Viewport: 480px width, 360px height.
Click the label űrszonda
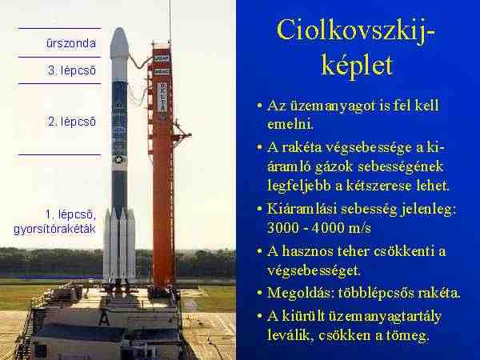(71, 43)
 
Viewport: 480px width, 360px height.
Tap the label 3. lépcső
(72, 70)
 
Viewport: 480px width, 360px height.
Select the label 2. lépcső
(72, 122)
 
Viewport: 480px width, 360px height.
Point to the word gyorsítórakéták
(54, 230)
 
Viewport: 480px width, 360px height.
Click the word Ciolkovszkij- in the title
(355, 30)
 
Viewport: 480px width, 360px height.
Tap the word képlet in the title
(357, 66)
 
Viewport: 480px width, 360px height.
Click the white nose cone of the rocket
(119, 43)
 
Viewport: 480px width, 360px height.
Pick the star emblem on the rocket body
(118, 159)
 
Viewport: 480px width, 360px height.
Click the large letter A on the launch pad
(104, 318)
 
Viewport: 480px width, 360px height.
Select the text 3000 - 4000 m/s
(319, 228)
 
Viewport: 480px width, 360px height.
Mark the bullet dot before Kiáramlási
(259, 209)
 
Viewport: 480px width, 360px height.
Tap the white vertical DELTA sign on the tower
(162, 98)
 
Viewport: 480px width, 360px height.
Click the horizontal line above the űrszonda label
(59, 29)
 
